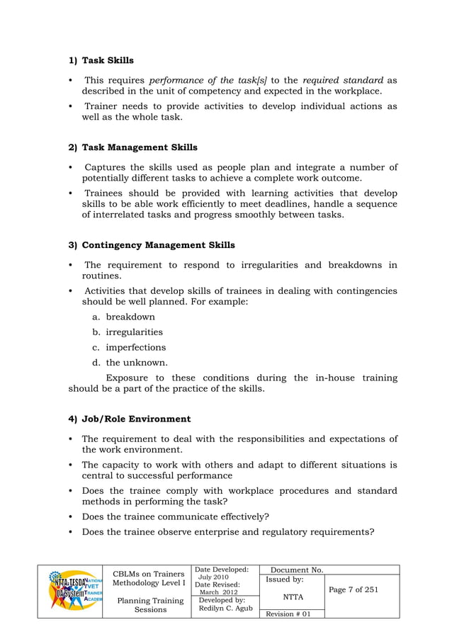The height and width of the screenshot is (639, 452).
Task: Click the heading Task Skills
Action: pos(108,60)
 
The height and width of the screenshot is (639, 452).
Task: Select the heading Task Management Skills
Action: pos(140,147)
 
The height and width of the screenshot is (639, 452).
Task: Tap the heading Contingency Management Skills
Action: pos(158,245)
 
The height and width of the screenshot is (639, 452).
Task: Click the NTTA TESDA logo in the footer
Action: pos(69,591)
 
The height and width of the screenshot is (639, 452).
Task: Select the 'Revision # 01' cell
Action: pos(287,613)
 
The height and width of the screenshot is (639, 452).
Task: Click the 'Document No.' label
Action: pos(298,570)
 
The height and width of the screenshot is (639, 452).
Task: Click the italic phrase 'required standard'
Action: pos(343,80)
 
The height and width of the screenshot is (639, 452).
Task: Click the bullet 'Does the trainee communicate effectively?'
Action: pos(175,516)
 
